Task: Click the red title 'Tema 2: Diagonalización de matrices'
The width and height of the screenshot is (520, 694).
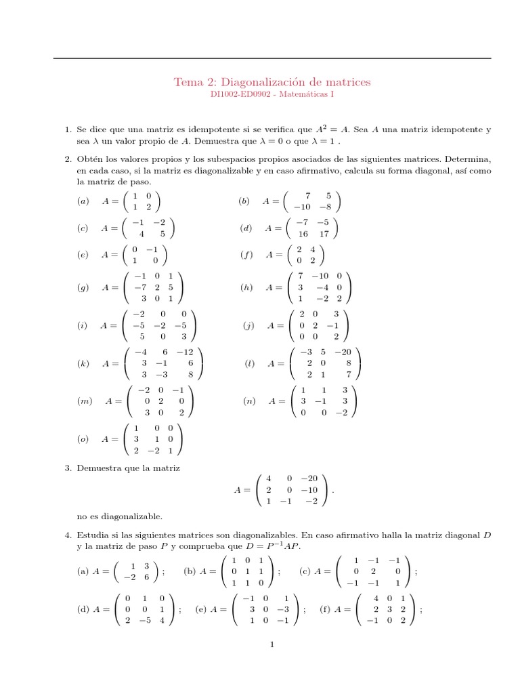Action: pyautogui.click(x=272, y=82)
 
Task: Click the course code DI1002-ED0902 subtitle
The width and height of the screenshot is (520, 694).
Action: pyautogui.click(x=272, y=95)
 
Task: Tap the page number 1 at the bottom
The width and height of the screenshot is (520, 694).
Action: pyautogui.click(x=272, y=645)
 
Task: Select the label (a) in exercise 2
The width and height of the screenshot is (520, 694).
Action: pyautogui.click(x=83, y=201)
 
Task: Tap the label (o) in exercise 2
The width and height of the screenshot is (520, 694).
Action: pyautogui.click(x=83, y=439)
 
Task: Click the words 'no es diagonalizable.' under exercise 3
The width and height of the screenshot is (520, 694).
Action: pyautogui.click(x=119, y=516)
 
